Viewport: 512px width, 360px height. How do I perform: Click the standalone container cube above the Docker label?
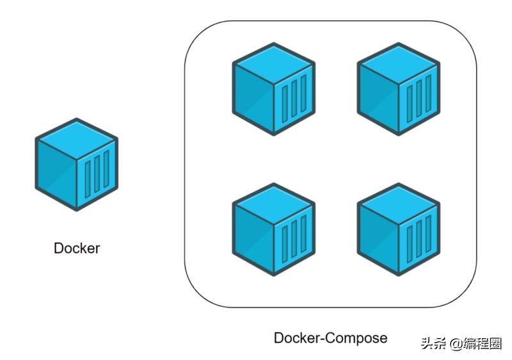77,164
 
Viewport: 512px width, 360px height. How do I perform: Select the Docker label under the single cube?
77,249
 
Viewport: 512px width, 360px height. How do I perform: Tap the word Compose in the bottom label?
358,338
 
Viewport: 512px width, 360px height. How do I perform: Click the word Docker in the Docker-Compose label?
296,338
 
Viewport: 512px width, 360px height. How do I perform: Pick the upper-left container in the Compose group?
273,89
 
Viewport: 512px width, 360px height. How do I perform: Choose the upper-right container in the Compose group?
398,89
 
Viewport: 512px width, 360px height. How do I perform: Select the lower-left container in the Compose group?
273,230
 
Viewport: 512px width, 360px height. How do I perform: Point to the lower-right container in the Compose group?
398,230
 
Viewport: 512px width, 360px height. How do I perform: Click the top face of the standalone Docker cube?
77,138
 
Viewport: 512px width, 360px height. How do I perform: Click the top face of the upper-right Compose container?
398,63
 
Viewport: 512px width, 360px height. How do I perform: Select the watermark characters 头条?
433,343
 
